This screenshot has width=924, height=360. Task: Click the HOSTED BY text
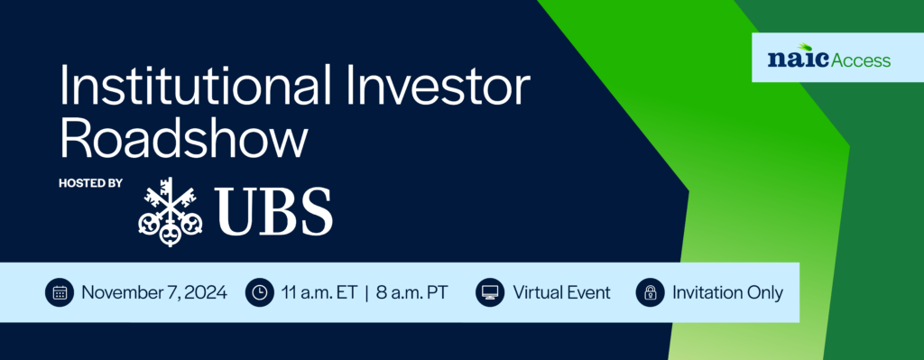[90, 183]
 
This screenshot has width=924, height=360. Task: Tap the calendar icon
[60, 292]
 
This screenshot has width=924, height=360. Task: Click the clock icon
[259, 292]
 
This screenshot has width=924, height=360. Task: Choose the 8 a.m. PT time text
[411, 292]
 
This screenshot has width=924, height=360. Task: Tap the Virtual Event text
[561, 292]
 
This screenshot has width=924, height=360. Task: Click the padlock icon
[649, 292]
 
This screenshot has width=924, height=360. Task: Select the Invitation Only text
[727, 292]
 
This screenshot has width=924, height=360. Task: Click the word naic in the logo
[792, 60]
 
